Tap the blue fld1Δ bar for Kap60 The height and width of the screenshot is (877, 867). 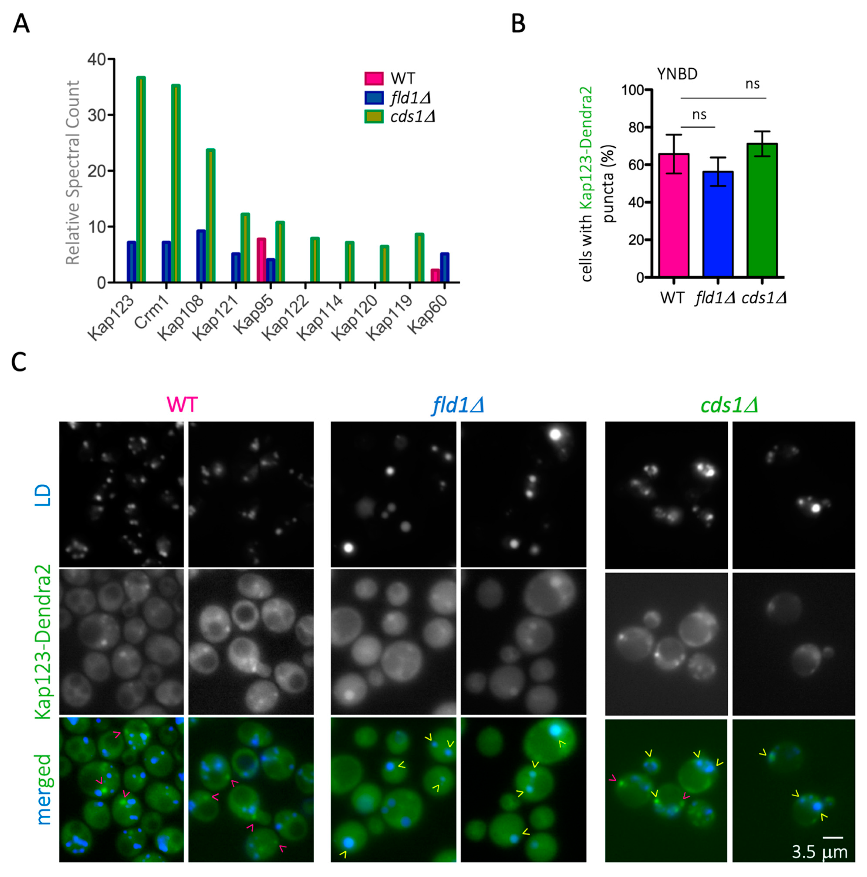click(445, 268)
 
